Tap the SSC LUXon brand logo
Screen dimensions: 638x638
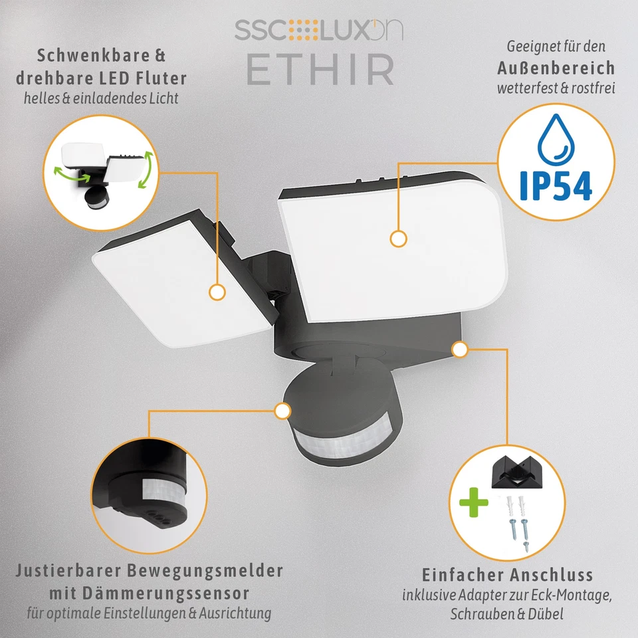318,30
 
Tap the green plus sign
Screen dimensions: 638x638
473,504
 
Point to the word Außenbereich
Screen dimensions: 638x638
556,68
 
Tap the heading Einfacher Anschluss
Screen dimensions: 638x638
508,574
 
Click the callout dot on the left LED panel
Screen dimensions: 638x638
216,292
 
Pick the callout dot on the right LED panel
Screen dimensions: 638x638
398,239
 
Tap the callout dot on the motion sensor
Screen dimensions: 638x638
282,411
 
